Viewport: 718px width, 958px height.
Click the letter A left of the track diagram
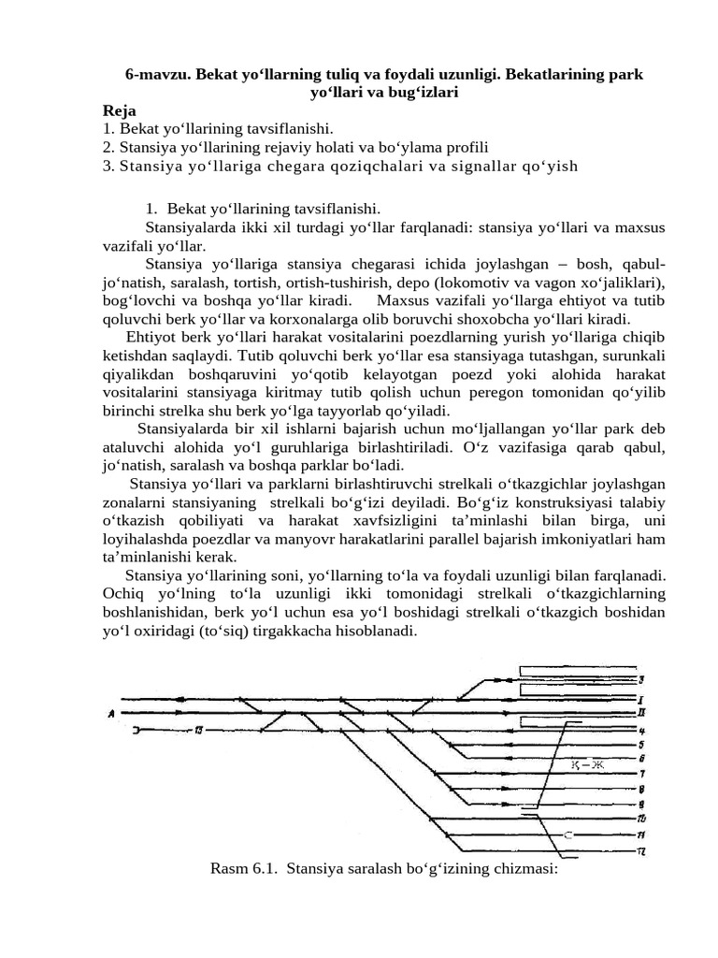coord(112,714)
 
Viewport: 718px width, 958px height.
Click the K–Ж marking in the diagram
coord(588,766)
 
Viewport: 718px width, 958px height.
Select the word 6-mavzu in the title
coord(158,73)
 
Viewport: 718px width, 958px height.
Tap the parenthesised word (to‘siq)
coord(212,631)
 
